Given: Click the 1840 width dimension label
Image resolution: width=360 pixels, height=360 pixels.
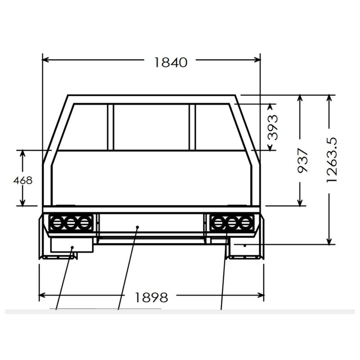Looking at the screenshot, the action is tap(171, 63).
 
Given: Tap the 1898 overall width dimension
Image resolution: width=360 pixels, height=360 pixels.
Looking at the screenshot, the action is tap(151, 297).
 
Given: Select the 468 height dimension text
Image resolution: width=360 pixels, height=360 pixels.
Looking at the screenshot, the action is tap(23, 180).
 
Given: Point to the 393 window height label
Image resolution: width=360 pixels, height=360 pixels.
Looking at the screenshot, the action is tap(273, 127).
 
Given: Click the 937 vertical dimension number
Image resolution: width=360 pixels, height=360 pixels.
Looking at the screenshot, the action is tap(302, 161).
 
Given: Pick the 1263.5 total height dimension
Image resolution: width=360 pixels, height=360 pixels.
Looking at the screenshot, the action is tap(332, 160).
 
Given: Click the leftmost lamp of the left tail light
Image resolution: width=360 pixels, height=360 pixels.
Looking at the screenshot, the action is tap(57, 222).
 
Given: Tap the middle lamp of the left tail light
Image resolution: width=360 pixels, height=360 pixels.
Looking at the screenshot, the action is tap(71, 222).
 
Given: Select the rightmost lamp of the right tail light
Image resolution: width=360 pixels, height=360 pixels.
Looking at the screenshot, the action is tap(245, 222).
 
